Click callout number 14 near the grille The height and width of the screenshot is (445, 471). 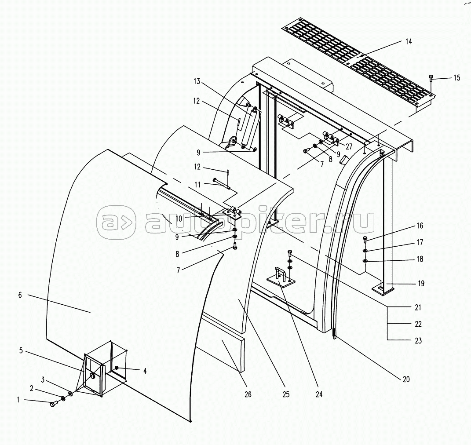(x=409, y=41)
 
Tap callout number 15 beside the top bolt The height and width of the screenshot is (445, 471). (x=456, y=78)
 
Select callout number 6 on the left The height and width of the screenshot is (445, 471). (x=20, y=295)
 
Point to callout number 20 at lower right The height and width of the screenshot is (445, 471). (x=406, y=379)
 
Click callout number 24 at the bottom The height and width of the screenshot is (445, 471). (x=319, y=394)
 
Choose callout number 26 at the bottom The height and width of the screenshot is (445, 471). (x=248, y=394)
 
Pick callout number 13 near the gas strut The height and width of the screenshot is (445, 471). (x=197, y=81)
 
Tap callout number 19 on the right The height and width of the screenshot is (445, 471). (x=421, y=283)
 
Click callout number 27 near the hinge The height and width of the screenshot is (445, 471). (x=349, y=146)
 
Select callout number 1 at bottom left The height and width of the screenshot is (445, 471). (x=18, y=400)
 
